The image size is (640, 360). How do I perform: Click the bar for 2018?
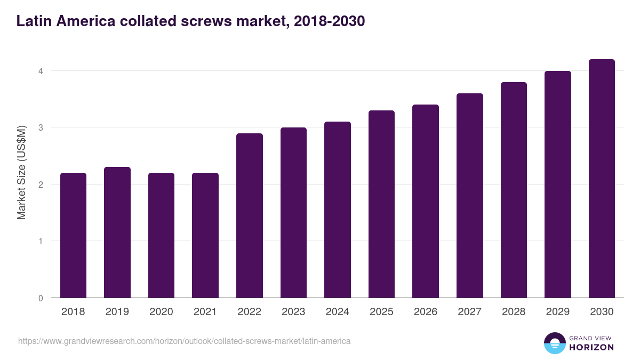click(x=73, y=235)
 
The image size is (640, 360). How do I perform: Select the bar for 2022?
click(x=250, y=215)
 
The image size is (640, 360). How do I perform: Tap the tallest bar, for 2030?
click(x=602, y=179)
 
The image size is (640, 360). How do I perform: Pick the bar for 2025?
click(x=381, y=204)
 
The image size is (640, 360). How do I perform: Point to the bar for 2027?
click(x=470, y=196)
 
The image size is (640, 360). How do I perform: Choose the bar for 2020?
click(x=161, y=235)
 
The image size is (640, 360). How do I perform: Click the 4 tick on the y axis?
click(x=41, y=71)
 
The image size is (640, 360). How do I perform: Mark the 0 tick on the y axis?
click(x=41, y=298)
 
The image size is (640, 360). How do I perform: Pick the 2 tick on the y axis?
click(x=41, y=185)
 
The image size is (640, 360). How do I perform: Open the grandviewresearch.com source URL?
click(x=185, y=341)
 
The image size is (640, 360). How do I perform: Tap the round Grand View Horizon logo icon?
click(x=555, y=343)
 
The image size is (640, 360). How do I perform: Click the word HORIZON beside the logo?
click(x=591, y=347)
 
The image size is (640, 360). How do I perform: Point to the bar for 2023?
click(x=293, y=213)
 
